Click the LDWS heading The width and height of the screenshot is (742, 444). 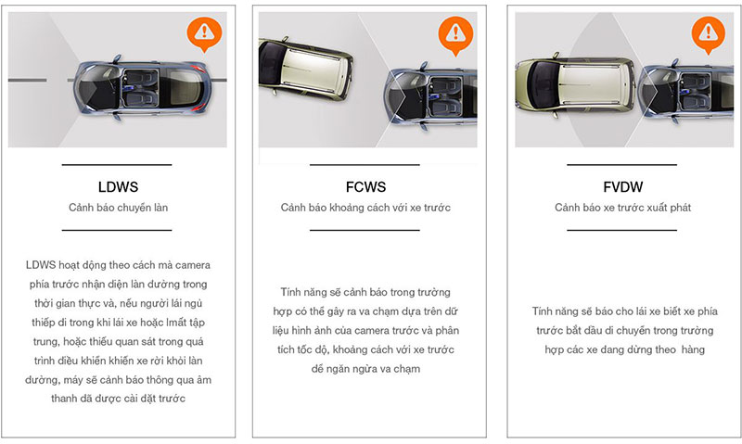click(118, 186)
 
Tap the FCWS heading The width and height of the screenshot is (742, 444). click(365, 186)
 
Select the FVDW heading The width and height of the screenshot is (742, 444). click(622, 186)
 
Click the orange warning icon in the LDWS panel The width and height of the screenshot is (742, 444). click(204, 34)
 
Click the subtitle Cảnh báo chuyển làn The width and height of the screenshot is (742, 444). click(119, 208)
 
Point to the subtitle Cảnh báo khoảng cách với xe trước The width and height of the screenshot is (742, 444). click(365, 208)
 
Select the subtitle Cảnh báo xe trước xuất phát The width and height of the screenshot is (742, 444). click(622, 208)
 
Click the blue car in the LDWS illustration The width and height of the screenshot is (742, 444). click(140, 87)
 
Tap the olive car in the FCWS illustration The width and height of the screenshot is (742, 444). click(305, 70)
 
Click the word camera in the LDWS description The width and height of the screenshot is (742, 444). click(193, 265)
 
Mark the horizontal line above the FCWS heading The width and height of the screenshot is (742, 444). click(365, 165)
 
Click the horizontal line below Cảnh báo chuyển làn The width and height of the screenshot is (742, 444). click(117, 230)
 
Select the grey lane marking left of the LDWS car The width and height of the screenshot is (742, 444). click(28, 80)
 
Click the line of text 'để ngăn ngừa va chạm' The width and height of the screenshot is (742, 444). click(365, 369)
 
